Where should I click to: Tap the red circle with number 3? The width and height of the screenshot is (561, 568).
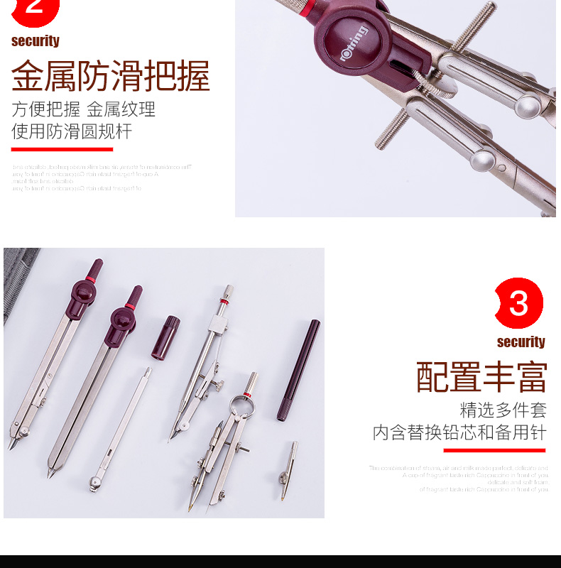click(518, 304)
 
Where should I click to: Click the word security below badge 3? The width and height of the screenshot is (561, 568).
click(521, 342)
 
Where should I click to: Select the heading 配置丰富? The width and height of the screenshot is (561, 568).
click(482, 377)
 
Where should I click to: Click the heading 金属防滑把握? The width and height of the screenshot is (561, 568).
click(111, 77)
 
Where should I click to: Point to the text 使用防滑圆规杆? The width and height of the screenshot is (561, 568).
click(72, 131)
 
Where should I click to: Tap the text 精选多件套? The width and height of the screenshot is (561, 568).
click(503, 410)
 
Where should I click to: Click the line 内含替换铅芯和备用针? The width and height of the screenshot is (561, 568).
click(459, 432)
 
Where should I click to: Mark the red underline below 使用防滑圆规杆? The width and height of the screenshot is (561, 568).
click(62, 149)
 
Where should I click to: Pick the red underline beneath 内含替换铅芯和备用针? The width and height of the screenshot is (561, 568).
click(494, 450)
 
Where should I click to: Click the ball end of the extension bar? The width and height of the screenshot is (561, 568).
click(94, 483)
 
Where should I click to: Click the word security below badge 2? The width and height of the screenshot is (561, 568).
click(36, 41)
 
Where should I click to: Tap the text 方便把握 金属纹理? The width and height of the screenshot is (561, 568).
click(83, 110)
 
